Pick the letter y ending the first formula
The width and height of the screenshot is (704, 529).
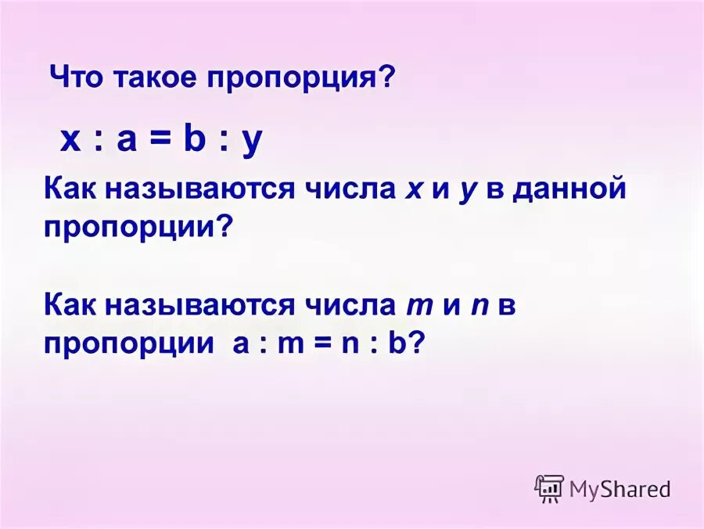252,144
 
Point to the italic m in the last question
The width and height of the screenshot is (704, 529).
415,306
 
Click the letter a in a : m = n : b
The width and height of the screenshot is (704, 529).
239,345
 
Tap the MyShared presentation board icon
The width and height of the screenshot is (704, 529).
549,488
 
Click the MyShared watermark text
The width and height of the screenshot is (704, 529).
620,489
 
